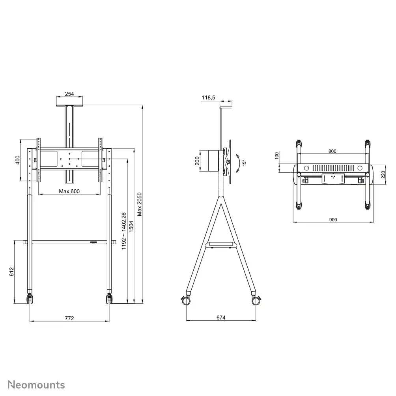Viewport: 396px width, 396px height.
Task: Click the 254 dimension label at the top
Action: pos(69,94)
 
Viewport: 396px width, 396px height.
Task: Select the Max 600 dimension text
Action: pos(69,191)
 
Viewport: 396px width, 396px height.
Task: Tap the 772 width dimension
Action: pos(69,318)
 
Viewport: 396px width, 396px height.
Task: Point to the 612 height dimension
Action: pos(12,272)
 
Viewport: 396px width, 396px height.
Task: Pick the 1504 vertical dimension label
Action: pos(132,227)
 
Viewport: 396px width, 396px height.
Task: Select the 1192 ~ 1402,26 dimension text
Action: pos(124,231)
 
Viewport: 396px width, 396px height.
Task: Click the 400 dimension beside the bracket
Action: pos(17,160)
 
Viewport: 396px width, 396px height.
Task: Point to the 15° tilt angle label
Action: pos(244,162)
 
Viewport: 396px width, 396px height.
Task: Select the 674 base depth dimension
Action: pos(221,318)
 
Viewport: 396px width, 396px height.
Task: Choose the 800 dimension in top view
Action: pos(332,151)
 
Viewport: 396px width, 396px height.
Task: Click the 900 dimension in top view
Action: pos(333,220)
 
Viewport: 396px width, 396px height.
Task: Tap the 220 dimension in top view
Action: pos(383,174)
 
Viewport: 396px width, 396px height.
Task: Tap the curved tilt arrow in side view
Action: pos(238,163)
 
